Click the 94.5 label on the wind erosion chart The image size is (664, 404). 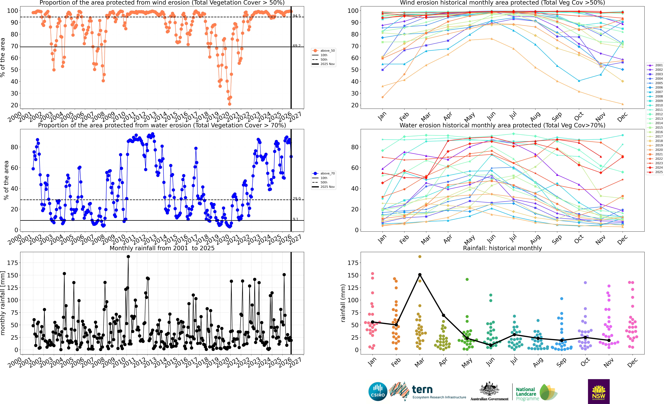coord(297,16)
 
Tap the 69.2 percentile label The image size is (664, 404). coord(297,46)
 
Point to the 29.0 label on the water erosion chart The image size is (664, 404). coord(297,198)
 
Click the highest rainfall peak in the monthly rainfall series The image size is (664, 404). coord(128,257)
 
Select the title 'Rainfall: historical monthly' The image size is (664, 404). coord(502,248)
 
